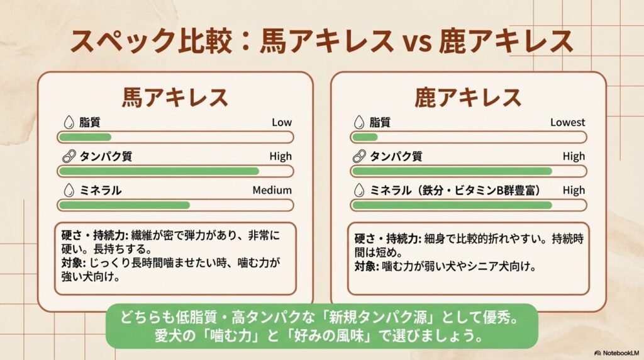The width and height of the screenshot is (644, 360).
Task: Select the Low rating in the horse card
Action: click(x=282, y=123)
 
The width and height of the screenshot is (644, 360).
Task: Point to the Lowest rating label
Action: click(x=567, y=123)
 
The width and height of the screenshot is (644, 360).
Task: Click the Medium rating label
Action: click(x=272, y=190)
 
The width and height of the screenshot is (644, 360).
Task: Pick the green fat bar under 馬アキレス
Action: click(x=85, y=137)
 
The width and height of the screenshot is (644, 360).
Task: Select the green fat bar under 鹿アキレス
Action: click(x=365, y=137)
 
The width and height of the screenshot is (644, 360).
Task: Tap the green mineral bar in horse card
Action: click(x=124, y=205)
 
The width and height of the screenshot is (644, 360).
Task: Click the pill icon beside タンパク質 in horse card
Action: click(x=68, y=157)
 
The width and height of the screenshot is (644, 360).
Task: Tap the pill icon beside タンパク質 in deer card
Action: click(x=359, y=157)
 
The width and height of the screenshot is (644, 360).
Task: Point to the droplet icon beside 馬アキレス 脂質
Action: click(x=68, y=123)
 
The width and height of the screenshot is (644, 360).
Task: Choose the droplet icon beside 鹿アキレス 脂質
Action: click(x=359, y=123)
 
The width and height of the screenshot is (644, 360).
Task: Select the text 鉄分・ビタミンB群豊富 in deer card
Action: click(x=478, y=190)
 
